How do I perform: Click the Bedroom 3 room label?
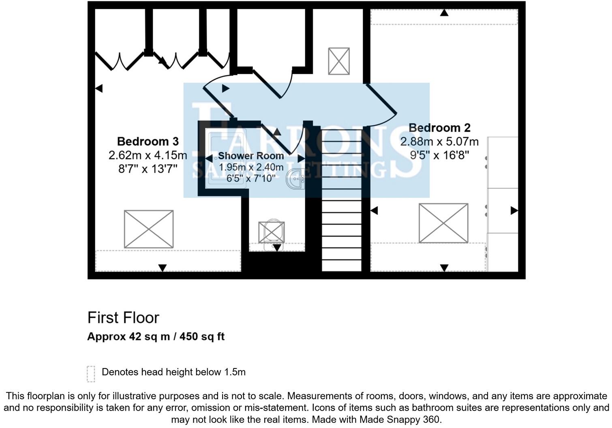pyautogui.click(x=148, y=141)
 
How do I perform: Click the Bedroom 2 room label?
pyautogui.click(x=439, y=128)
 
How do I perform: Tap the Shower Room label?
pyautogui.click(x=251, y=156)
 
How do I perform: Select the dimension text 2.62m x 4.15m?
pyautogui.click(x=148, y=155)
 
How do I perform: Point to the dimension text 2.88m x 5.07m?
pyautogui.click(x=439, y=142)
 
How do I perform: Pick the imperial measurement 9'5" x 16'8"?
pyautogui.click(x=439, y=155)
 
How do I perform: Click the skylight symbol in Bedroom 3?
pyautogui.click(x=149, y=229)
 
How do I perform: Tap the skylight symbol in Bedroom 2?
pyautogui.click(x=443, y=223)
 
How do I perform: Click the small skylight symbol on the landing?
pyautogui.click(x=339, y=61)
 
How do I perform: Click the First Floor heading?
pyautogui.click(x=123, y=318)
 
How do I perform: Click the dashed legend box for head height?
pyautogui.click(x=91, y=374)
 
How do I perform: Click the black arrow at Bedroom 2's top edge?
pyautogui.click(x=444, y=13)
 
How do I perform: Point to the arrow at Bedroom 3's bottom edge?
pyautogui.click(x=163, y=268)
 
